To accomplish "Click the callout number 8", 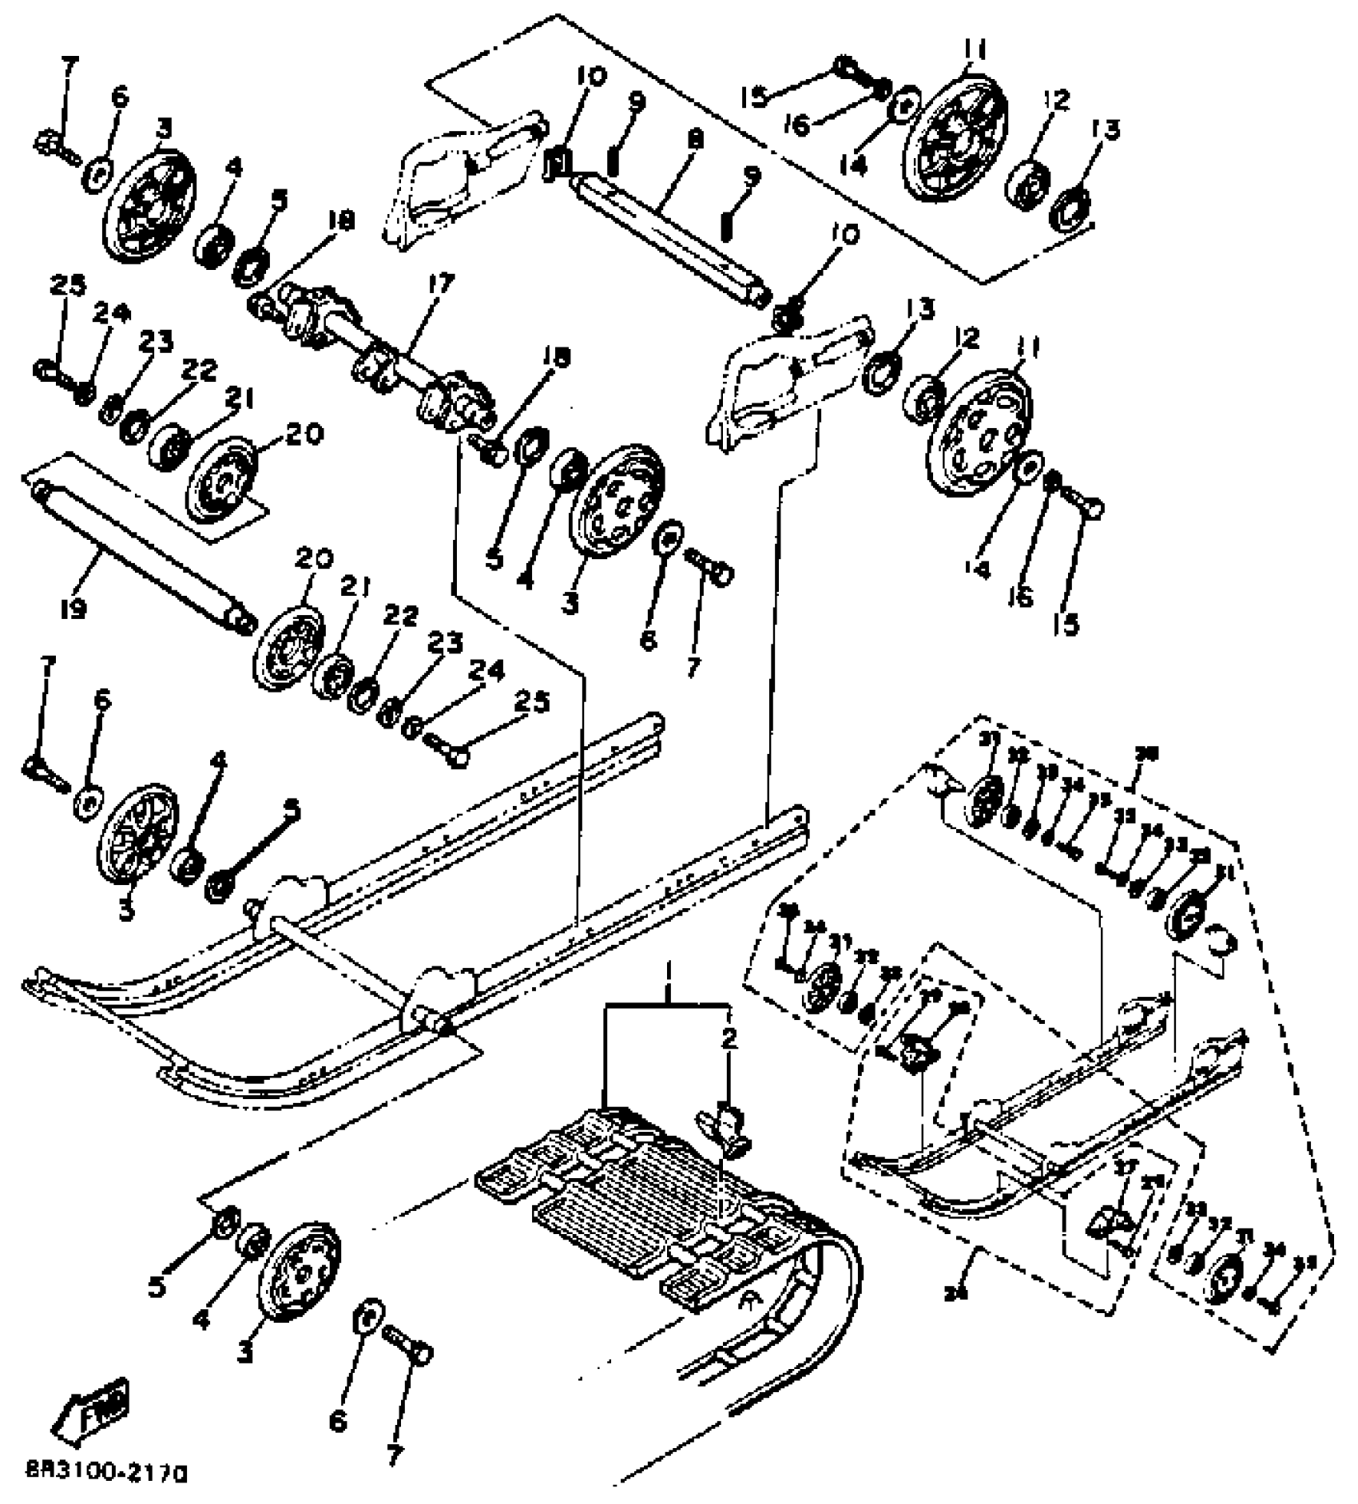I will (x=696, y=139).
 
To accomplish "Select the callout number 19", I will (x=73, y=610).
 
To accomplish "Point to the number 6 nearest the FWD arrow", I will (x=338, y=1422).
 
